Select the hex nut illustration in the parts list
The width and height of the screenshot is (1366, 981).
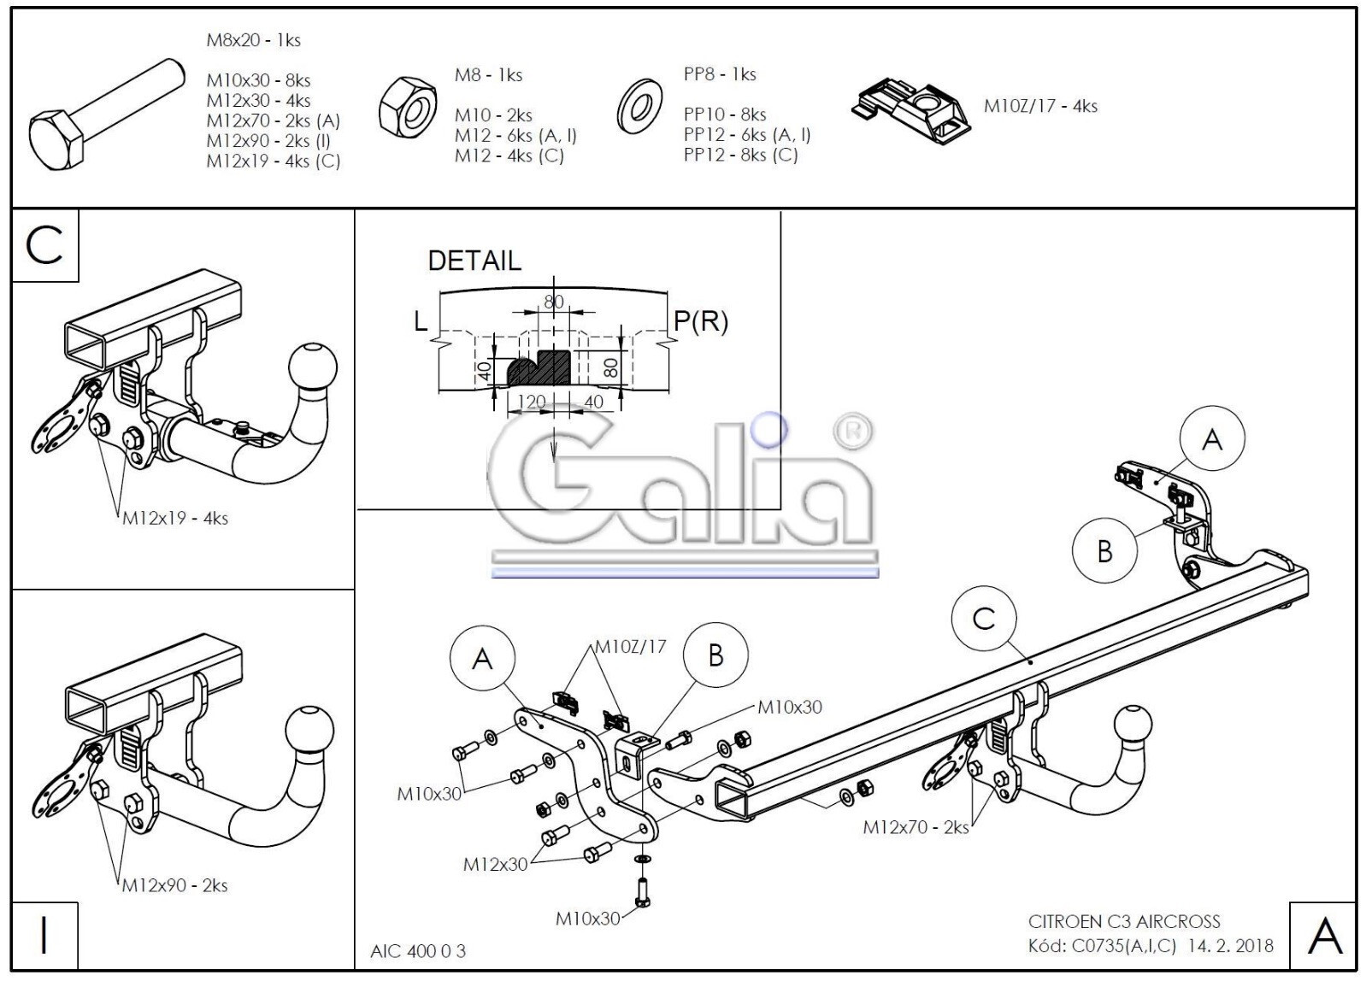408,106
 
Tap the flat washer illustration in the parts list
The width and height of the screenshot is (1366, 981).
639,106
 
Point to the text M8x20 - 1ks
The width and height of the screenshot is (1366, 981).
253,40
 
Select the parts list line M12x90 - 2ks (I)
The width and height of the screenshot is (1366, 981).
268,141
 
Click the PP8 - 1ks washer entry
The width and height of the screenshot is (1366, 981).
720,74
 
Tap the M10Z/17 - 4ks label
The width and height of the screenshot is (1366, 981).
1040,107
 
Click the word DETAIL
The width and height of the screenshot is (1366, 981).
474,261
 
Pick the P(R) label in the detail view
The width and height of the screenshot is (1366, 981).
701,321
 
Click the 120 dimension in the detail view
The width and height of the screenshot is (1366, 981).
532,402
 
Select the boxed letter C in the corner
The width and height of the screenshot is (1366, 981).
45,245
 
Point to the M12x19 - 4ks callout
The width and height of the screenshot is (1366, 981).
175,518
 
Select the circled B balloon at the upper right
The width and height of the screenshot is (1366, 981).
1104,550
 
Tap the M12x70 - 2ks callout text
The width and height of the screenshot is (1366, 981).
916,827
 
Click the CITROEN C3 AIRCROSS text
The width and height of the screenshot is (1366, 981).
1124,921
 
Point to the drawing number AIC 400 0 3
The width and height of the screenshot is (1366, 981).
418,951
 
